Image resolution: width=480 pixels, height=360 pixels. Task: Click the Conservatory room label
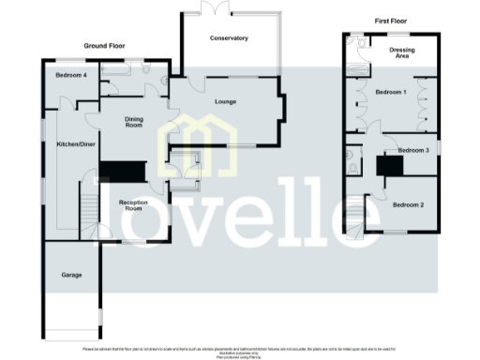point(229,38)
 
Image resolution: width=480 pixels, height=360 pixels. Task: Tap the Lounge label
point(225,101)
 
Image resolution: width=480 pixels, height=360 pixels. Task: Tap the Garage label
point(71,275)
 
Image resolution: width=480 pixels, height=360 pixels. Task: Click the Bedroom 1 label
point(391,93)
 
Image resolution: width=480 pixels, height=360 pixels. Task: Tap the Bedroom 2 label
point(408,204)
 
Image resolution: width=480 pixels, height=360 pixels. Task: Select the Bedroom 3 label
point(412,150)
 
